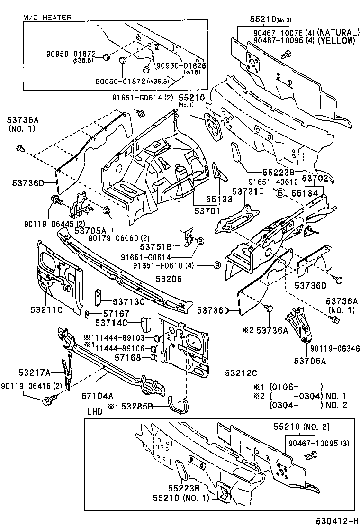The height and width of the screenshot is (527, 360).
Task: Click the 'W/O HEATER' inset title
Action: [x=48, y=17]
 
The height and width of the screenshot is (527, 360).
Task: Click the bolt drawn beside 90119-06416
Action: [x=47, y=401]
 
